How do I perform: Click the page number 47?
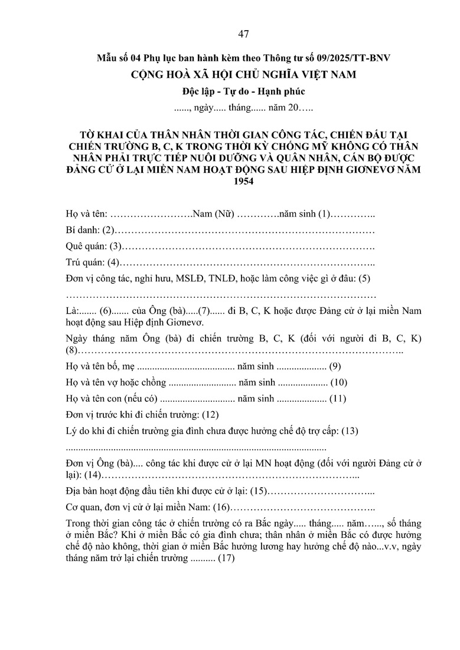point(243,34)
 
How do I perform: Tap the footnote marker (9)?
point(335,367)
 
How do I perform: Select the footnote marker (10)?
point(339,383)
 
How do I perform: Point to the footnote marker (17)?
point(226,557)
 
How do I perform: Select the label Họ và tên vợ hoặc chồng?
point(116,383)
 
